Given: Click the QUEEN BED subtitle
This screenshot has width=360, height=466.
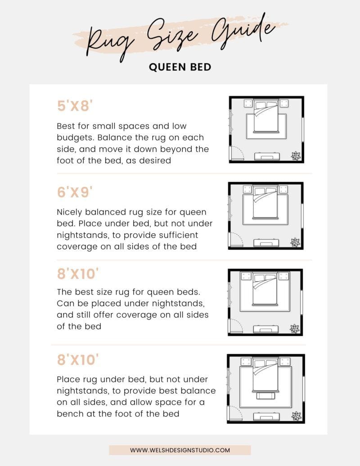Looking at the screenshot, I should [180, 67].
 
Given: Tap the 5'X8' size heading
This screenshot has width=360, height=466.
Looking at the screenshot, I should [75, 106].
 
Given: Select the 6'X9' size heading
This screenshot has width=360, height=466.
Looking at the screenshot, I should [75, 193].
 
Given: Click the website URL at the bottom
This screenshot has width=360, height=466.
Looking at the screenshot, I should [180, 450].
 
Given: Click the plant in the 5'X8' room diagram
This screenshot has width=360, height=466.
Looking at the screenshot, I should [295, 156].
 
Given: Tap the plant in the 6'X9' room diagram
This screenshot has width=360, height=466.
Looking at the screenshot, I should [295, 242].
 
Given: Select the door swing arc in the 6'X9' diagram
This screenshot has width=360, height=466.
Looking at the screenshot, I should [237, 239].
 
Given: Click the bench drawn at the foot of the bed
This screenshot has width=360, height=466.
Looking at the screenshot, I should [264, 395].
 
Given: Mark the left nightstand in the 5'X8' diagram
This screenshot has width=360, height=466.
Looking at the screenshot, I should [248, 104].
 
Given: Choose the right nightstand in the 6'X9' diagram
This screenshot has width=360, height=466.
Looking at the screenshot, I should [283, 189].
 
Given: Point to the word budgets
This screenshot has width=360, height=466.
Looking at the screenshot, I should [73, 137].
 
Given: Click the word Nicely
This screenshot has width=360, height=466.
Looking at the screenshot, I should [71, 212].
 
